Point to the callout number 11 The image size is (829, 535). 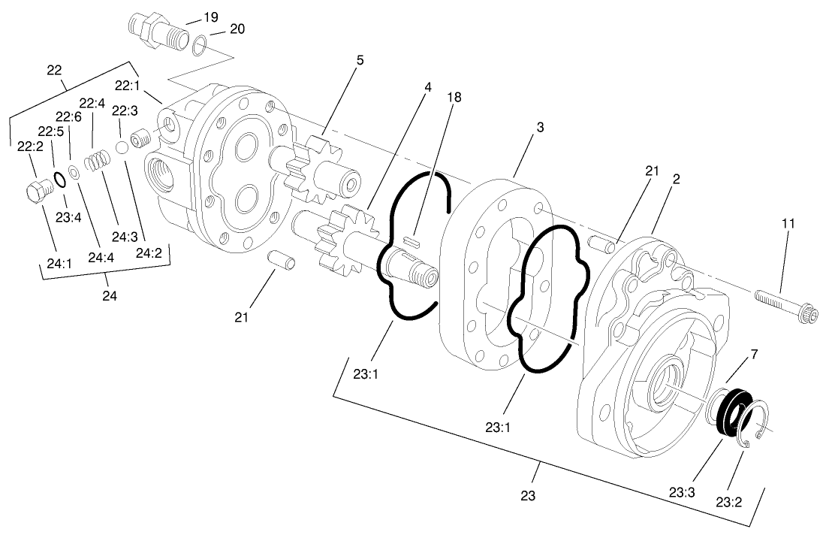[x=788, y=224]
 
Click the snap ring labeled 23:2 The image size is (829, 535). [x=754, y=425]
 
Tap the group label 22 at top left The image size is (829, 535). [x=54, y=70]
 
